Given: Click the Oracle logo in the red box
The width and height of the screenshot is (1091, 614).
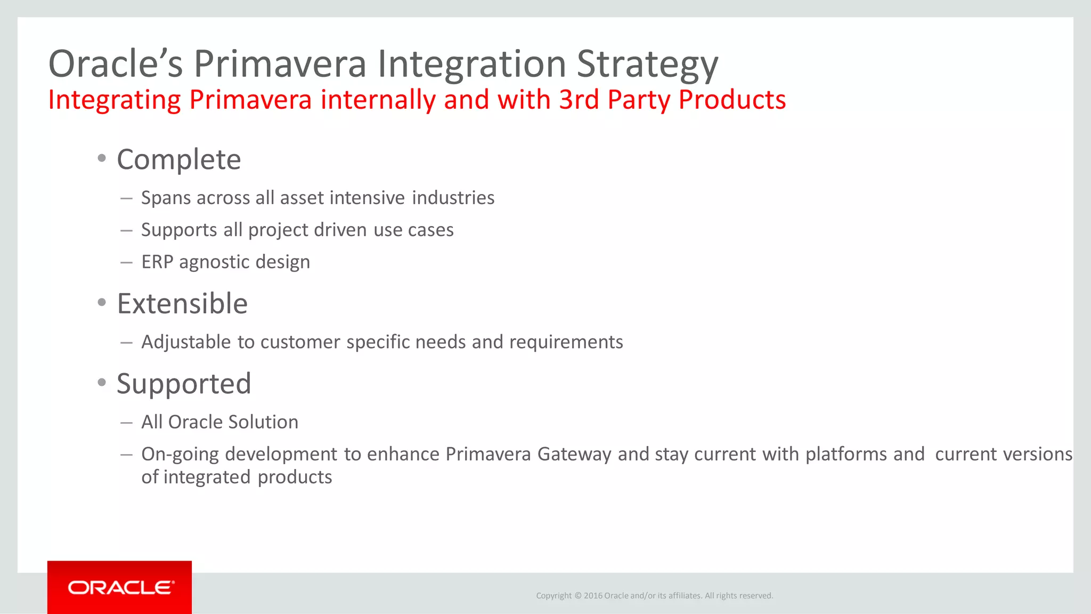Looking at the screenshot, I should tap(120, 587).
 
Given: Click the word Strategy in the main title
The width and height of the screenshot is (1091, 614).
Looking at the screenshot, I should tap(647, 64).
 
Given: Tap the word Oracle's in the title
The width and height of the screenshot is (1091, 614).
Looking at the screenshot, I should tap(116, 63).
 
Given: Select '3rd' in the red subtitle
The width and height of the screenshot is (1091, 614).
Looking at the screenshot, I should tap(579, 100).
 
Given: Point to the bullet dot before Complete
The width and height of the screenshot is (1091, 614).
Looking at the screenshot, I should tap(102, 158).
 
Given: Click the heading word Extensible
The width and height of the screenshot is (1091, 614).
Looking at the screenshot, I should tap(182, 303).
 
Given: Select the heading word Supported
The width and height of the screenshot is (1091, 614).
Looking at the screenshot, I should tap(184, 384).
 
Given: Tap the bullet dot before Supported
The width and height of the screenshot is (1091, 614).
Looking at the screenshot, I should tap(102, 382).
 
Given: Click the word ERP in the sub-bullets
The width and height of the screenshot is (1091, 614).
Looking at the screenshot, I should tap(157, 262).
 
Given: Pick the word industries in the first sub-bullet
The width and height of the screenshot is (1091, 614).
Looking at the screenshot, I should tap(453, 198).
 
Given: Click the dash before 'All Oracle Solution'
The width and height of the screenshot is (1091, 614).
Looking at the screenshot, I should tap(126, 423).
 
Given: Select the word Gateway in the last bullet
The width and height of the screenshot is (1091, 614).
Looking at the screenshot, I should tap(574, 454).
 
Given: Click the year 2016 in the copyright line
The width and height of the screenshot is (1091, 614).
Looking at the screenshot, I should tap(593, 596).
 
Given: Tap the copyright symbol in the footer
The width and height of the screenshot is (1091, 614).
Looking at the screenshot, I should tap(578, 596).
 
